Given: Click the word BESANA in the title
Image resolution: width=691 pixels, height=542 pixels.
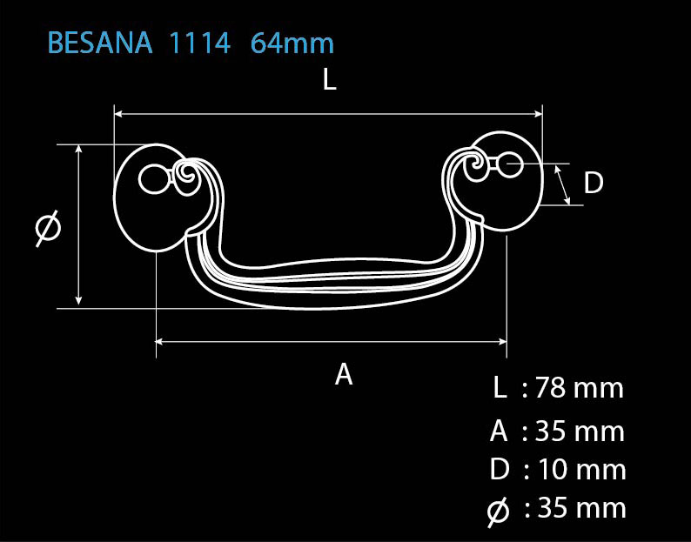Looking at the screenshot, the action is tap(100, 43).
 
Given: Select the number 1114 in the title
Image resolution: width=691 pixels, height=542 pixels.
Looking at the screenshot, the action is tap(200, 43).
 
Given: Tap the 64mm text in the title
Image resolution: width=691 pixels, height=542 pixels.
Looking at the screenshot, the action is tap(292, 43).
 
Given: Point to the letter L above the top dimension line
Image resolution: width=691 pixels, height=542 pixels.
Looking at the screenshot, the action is tap(330, 80).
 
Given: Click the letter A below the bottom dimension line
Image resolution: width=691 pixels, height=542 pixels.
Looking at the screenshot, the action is tap(344, 374).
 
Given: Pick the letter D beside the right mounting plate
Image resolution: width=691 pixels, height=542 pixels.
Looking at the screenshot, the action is tap(594, 183).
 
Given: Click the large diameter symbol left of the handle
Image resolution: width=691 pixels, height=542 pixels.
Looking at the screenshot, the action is tap(48, 228).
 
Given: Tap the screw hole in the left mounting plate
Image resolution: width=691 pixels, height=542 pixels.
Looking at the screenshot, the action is tap(154, 179).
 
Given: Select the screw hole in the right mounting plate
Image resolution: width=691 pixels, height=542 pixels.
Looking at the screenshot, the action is tap(509, 164).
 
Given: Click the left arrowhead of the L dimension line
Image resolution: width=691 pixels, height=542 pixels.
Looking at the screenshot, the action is tap(118, 114).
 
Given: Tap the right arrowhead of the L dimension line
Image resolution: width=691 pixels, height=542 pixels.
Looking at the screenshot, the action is tap(538, 114).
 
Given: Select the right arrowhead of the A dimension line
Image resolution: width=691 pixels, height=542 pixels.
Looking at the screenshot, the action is tap(502, 341).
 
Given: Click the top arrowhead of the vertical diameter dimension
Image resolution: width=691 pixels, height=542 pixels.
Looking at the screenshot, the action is tap(78, 149).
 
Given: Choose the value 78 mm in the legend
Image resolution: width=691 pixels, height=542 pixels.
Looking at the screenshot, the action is tap(580, 388).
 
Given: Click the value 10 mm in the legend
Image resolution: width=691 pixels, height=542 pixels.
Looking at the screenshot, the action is tap(581, 469).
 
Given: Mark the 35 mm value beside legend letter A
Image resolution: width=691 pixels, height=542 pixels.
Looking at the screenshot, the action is tap(580, 431).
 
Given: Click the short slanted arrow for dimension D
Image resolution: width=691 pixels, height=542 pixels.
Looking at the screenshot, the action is tap(562, 185).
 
